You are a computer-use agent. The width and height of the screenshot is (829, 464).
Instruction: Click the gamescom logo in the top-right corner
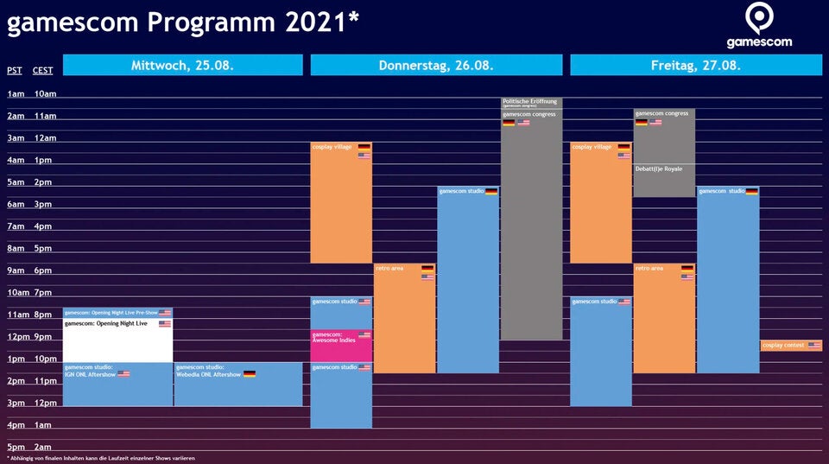(x=758, y=27)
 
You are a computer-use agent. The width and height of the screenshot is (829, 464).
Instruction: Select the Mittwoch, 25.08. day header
(x=182, y=66)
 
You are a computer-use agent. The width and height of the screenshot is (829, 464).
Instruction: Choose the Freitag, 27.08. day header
(x=696, y=66)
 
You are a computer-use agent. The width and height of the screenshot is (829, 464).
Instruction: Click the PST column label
(x=15, y=71)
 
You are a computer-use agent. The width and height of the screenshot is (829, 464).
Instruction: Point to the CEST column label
(x=42, y=71)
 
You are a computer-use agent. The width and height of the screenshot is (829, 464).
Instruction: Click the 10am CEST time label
(x=45, y=93)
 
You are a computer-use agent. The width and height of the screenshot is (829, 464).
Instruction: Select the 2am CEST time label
(x=43, y=447)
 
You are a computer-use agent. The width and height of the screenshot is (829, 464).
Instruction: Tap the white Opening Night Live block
(x=117, y=340)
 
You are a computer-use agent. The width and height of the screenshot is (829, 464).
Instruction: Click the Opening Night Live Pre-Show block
(x=117, y=313)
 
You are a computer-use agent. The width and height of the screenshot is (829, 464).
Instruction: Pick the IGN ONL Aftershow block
(x=117, y=384)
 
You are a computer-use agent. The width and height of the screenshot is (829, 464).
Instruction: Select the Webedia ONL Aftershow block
(x=237, y=384)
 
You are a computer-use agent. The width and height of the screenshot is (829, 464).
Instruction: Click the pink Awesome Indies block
(x=341, y=346)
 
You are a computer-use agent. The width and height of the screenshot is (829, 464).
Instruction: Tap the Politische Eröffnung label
(x=531, y=102)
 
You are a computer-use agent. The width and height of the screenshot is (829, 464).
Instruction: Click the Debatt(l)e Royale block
(x=664, y=180)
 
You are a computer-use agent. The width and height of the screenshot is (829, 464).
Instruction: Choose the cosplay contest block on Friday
(x=791, y=346)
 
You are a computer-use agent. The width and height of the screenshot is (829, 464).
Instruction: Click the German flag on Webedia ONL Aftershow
(x=250, y=374)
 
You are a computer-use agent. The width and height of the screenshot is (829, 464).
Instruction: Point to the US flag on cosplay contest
(x=814, y=346)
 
